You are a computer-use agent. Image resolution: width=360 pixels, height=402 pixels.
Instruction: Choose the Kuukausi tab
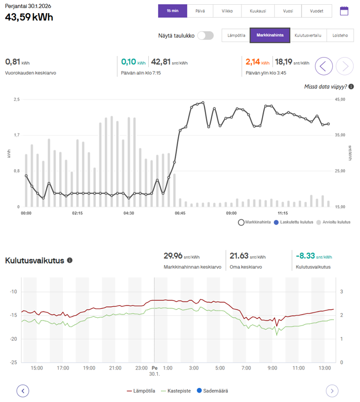tap(257, 10)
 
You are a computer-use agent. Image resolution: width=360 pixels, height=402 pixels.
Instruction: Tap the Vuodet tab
tap(317, 10)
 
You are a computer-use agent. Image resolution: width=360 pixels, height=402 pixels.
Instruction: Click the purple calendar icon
tap(344, 11)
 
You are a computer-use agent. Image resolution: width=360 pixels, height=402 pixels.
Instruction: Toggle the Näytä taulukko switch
tap(205, 36)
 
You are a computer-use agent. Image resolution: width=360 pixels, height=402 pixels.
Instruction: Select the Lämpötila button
tap(236, 36)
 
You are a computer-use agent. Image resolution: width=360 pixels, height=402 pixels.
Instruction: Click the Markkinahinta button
tap(270, 36)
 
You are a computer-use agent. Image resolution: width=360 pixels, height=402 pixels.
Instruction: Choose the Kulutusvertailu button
tap(308, 36)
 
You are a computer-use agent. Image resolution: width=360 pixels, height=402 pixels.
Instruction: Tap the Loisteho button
tap(340, 36)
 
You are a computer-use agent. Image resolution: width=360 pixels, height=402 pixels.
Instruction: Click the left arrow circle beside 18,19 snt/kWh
tap(324, 66)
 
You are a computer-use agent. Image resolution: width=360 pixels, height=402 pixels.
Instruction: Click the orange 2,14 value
tap(253, 62)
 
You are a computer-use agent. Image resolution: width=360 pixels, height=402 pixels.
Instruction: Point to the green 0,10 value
tap(128, 62)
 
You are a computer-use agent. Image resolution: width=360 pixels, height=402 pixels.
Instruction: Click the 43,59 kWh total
tap(29, 17)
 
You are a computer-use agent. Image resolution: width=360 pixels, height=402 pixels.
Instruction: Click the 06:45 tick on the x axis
tap(180, 214)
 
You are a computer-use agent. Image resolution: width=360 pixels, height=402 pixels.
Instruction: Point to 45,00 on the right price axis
tap(340, 99)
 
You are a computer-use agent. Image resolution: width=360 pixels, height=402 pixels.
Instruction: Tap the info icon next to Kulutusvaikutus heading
tap(70, 260)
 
